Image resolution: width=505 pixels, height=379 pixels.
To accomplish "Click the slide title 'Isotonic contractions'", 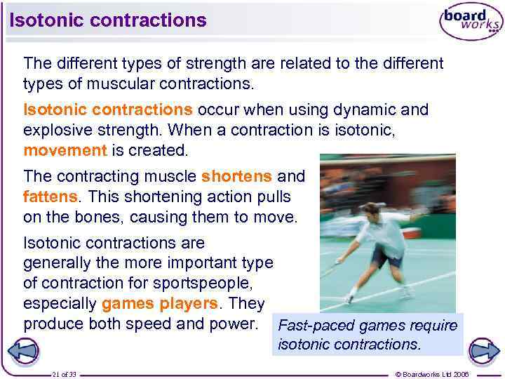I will [108, 20].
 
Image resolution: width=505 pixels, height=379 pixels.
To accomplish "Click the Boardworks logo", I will [471, 22].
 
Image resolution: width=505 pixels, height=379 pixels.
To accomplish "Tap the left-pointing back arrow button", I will [22, 350].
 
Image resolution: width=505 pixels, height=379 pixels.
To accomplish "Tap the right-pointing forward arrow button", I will [483, 350].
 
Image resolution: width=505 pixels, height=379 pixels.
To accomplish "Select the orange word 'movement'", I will [65, 150].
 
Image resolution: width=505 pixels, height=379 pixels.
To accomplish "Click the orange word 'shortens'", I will [236, 176].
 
